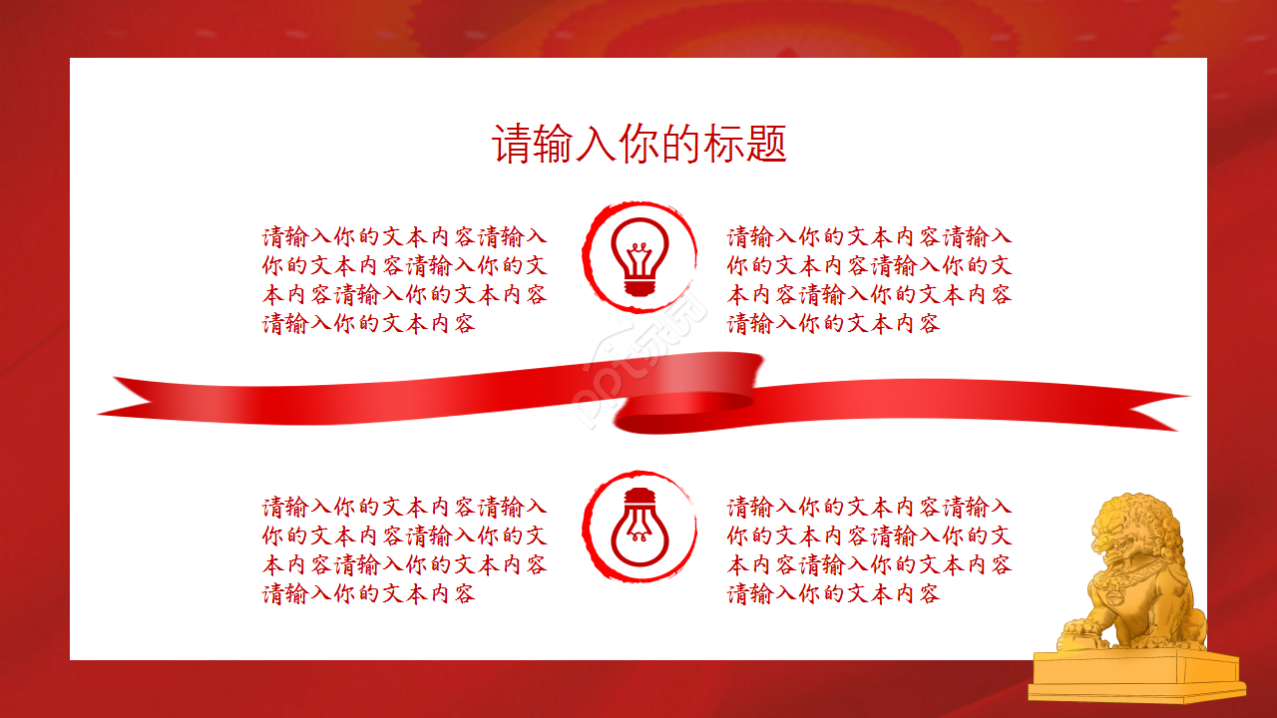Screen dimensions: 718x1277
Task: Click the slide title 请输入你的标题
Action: coord(639,145)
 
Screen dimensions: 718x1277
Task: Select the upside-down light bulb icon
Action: coord(639,527)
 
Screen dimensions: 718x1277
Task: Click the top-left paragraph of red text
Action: coord(405,280)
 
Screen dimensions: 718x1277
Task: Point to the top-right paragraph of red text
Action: coord(870,280)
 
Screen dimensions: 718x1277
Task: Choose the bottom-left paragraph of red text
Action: coord(405,550)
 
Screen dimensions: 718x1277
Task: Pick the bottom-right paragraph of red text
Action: coord(870,550)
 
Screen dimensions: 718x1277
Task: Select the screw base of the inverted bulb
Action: coord(639,497)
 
